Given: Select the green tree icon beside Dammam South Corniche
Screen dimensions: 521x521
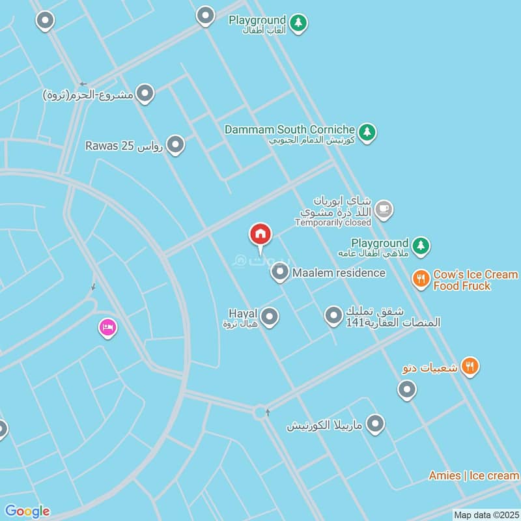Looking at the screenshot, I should [x=368, y=132].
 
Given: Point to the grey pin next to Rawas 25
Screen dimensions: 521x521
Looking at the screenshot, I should [x=175, y=145].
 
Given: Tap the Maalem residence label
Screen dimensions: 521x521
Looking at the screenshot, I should [x=339, y=273].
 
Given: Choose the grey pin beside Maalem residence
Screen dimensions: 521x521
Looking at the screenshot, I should [x=280, y=273].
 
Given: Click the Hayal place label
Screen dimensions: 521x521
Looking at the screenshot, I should [x=244, y=317].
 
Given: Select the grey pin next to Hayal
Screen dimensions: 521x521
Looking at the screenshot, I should [x=270, y=317].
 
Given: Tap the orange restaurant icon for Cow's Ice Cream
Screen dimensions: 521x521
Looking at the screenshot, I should [x=421, y=279].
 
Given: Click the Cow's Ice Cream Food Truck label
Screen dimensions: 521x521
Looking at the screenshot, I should [x=475, y=280].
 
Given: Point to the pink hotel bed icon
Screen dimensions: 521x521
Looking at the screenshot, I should [x=107, y=327].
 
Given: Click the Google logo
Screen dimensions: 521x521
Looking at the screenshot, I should [x=27, y=511].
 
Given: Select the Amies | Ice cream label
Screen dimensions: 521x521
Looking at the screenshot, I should [x=473, y=476].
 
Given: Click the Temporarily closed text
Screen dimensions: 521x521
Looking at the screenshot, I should [x=333, y=223].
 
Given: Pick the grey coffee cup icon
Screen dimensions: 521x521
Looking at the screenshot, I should [x=384, y=209].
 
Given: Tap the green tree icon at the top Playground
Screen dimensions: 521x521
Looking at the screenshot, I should [x=299, y=23].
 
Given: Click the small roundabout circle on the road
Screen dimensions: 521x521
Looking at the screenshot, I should [x=261, y=412].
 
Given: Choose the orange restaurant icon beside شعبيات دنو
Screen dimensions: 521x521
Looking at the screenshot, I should [x=470, y=367].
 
